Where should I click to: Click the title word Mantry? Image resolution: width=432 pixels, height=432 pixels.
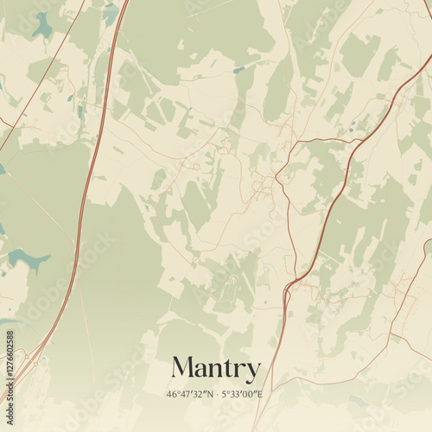[x=215, y=369]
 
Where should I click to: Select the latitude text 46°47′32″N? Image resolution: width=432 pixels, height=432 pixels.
[x=190, y=395]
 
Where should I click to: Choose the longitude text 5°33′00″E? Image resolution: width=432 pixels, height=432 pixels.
[x=243, y=395]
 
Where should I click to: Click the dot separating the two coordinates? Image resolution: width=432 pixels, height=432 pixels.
[x=216, y=395]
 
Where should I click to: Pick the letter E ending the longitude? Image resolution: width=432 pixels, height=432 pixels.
[x=259, y=395]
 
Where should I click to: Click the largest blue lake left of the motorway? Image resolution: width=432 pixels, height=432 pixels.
[x=28, y=259]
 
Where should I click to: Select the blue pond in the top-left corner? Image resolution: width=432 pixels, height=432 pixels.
[x=41, y=26]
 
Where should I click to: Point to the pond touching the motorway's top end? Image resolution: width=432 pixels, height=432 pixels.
[x=110, y=12]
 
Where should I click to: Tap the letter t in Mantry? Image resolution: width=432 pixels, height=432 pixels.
[x=225, y=369]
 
